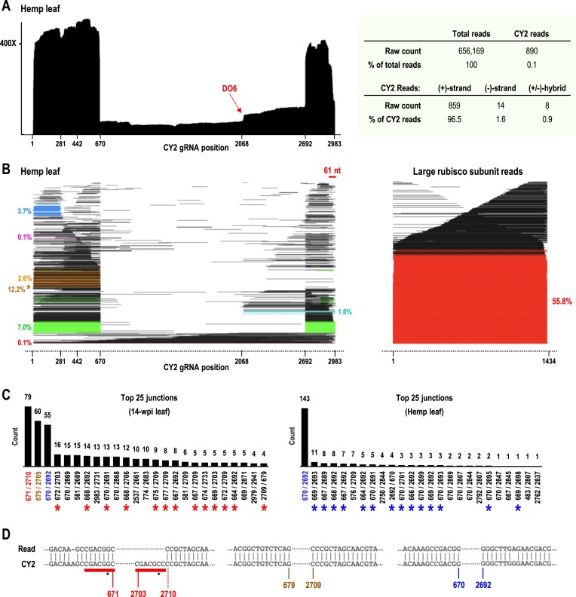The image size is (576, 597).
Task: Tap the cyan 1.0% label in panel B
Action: (343, 312)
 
